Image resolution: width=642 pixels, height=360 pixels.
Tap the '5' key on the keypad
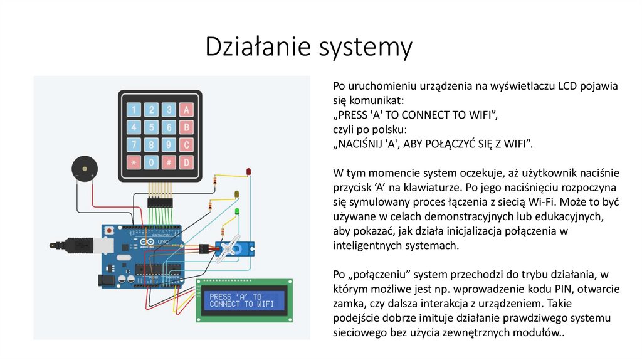pyautogui.click(x=151, y=127)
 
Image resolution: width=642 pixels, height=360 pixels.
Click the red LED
pyautogui.click(x=248, y=171)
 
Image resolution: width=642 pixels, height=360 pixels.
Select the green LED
pyautogui.click(x=237, y=212)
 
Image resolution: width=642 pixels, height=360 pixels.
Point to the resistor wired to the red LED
pyautogui.click(x=216, y=181)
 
